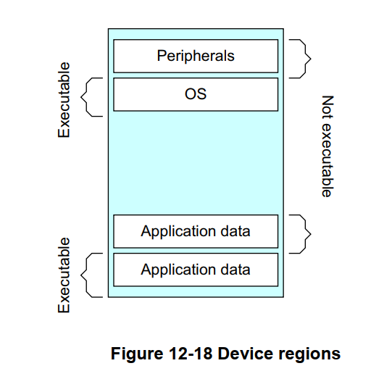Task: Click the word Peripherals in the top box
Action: coord(196,56)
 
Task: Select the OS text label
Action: coord(196,94)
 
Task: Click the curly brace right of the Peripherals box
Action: coord(301,57)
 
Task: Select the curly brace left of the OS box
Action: coord(92,96)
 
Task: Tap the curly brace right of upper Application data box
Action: coord(301,233)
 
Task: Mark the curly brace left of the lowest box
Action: coord(92,273)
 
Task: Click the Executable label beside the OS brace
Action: coord(64,100)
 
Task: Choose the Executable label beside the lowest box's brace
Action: coord(64,275)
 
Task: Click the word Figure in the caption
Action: coord(133,354)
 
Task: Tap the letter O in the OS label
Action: coord(191,94)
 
